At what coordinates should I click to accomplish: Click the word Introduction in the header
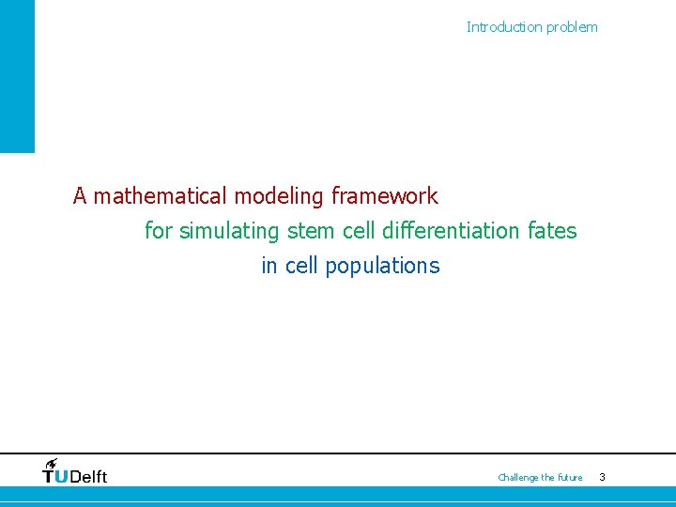click(x=504, y=27)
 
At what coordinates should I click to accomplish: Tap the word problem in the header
click(x=572, y=27)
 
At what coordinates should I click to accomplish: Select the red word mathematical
click(x=161, y=196)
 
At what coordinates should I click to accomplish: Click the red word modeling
click(x=279, y=196)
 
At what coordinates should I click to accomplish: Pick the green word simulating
click(x=230, y=231)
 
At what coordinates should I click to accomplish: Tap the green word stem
click(x=312, y=231)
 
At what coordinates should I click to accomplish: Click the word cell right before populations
click(x=301, y=266)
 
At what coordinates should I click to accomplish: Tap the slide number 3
click(x=602, y=478)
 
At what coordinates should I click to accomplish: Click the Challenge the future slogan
click(x=540, y=478)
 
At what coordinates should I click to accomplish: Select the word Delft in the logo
click(x=89, y=477)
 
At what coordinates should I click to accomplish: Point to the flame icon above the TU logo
click(x=51, y=463)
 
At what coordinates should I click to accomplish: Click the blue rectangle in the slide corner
click(x=17, y=75)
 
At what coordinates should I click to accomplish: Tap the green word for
click(x=159, y=231)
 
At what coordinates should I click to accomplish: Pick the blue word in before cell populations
click(x=269, y=266)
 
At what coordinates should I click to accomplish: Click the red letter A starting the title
click(x=81, y=196)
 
